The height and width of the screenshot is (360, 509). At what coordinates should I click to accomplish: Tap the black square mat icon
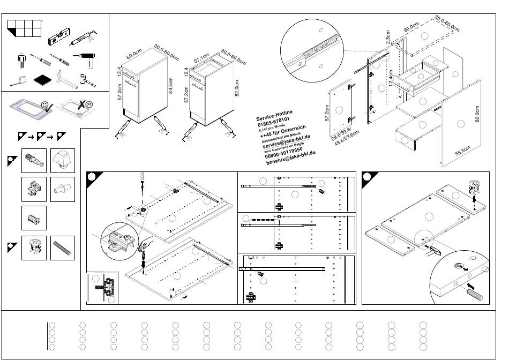pos(42,80)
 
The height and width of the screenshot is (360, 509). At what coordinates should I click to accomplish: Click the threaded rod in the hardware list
pos(62,247)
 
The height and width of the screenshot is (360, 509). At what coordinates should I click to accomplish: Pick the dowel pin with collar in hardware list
pos(62,189)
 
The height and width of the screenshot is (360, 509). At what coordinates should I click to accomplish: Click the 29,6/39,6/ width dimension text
pos(341,135)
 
